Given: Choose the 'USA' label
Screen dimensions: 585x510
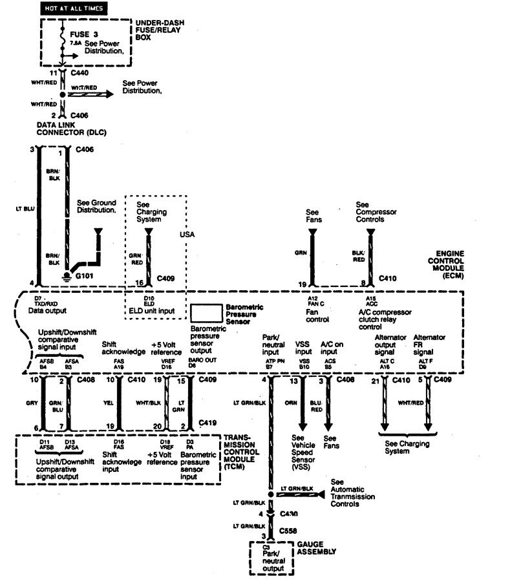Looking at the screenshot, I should (187, 234).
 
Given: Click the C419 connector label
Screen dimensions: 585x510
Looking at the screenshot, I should (206, 422).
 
